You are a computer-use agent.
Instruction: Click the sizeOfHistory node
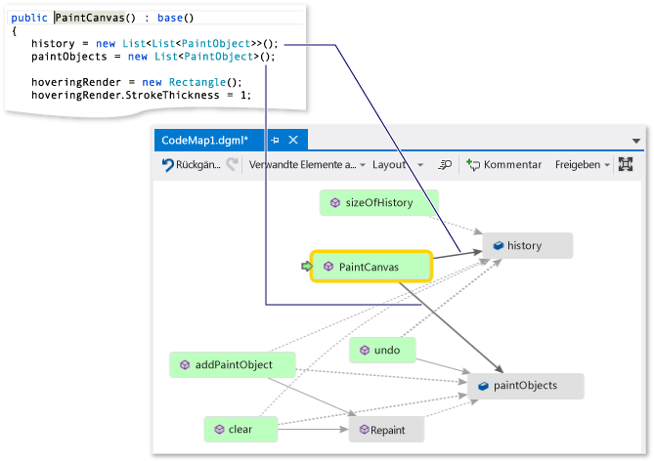tap(378, 203)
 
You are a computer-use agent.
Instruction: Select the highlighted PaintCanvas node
tap(370, 266)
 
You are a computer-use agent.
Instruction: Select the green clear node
tap(240, 429)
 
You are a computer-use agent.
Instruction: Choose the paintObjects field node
tap(526, 386)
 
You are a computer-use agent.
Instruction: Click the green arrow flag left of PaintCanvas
tap(305, 266)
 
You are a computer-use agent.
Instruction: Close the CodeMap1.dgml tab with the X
tap(292, 140)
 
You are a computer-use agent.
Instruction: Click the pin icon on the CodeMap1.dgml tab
tap(275, 140)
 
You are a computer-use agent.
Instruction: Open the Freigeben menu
tap(582, 165)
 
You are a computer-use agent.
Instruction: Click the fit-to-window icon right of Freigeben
tap(627, 165)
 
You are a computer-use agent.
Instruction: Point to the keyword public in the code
tap(28, 19)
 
